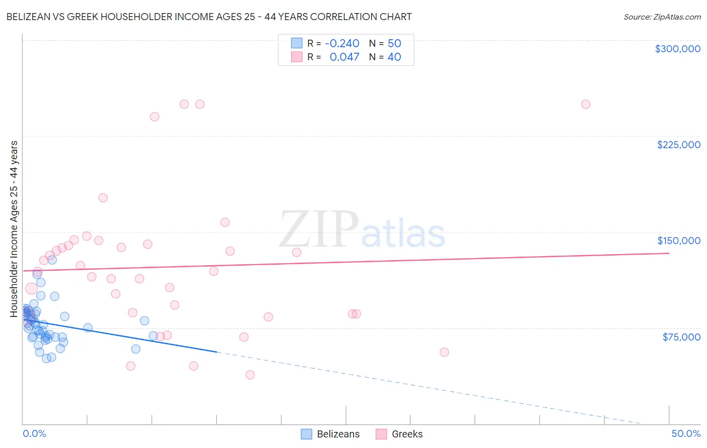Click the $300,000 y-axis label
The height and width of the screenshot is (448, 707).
pos(677,49)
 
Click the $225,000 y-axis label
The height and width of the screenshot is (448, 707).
pos(678,145)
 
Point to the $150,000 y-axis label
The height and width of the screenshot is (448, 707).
pos(678,241)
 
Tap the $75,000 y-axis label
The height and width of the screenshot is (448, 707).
pos(681,337)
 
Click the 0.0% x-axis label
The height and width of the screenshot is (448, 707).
pos(34,433)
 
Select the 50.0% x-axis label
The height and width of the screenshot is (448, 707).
pos(686,433)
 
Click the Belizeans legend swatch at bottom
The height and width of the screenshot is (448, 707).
pos(307,434)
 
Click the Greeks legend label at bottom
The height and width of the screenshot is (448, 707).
pos(407,434)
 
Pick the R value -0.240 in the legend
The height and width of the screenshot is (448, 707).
pos(342,43)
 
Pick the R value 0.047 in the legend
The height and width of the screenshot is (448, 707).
pos(344,57)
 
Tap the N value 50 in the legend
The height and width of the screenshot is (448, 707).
pos(394,43)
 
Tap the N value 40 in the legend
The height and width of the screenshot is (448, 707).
pos(394,57)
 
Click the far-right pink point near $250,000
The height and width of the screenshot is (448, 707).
pos(585,104)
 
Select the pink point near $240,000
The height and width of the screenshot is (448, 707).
pos(154,117)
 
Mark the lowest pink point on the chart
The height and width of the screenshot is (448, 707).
pos(250,375)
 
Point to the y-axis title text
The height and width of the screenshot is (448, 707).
pos(14,229)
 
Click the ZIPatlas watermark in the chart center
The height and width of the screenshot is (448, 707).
pos(362,230)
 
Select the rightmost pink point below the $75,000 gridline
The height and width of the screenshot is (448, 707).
pos(444,352)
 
